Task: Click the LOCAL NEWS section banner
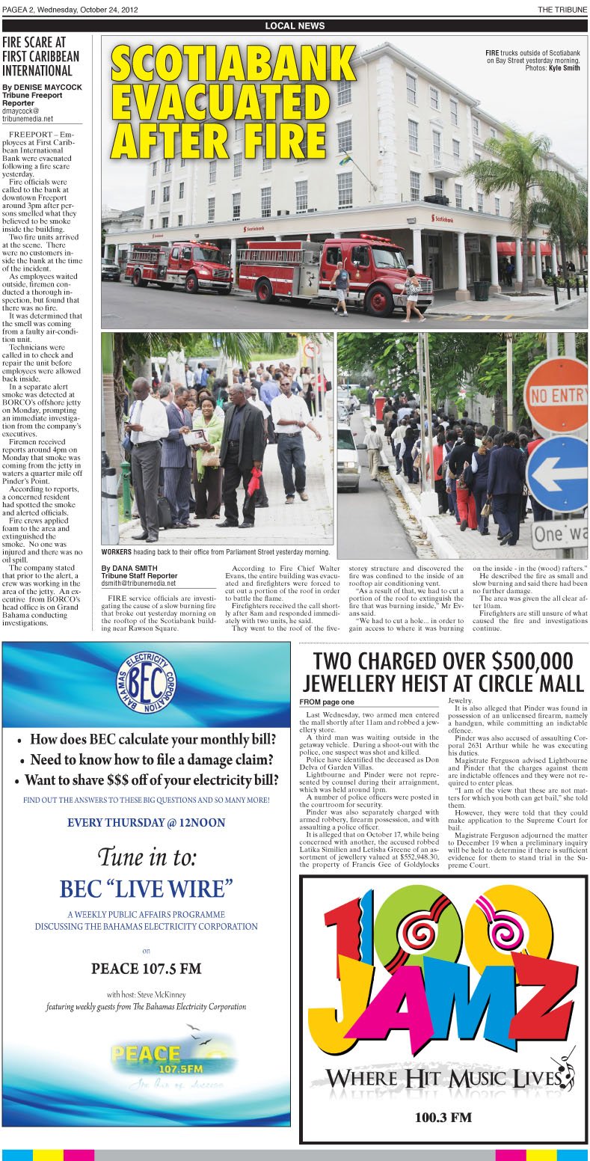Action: click(295, 26)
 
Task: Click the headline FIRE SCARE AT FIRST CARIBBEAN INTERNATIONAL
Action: click(40, 56)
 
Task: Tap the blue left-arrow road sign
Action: click(557, 473)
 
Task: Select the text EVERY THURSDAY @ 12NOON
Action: click(146, 823)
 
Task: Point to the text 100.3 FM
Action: click(443, 1118)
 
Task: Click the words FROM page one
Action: click(327, 702)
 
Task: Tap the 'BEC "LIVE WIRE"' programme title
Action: click(146, 889)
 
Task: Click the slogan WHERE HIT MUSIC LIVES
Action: click(443, 1078)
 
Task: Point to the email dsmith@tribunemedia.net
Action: click(139, 583)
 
